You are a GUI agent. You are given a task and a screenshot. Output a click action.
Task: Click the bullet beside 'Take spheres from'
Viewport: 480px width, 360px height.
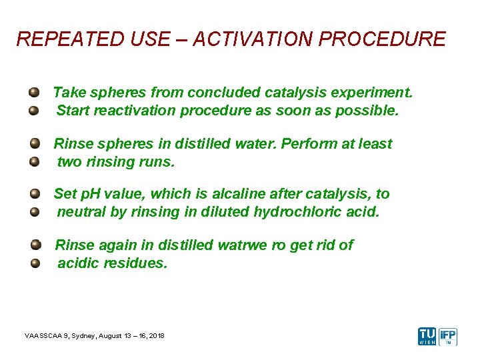[34, 92]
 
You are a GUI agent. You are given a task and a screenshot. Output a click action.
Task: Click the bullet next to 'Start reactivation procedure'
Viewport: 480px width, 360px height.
[34, 111]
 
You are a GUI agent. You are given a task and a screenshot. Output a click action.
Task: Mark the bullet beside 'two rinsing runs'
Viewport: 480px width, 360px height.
[34, 161]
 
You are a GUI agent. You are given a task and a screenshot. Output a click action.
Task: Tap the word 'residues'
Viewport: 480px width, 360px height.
[137, 263]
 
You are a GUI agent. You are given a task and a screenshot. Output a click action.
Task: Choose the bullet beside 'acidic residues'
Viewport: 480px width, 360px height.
[34, 263]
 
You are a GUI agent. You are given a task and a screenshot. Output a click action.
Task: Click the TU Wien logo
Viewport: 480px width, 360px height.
[427, 336]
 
